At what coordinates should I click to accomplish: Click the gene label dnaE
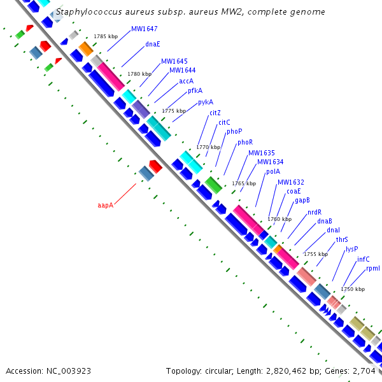(x=153, y=45)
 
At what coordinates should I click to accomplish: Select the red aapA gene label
(x=105, y=205)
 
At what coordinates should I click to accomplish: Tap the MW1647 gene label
(x=145, y=29)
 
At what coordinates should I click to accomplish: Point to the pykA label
(x=206, y=102)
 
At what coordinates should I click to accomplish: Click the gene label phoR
(x=245, y=143)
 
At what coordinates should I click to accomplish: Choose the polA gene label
(x=272, y=171)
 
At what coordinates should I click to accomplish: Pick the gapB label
(x=302, y=201)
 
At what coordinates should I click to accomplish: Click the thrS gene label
(x=342, y=240)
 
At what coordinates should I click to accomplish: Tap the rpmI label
(x=373, y=269)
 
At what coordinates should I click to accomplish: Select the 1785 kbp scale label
(x=106, y=37)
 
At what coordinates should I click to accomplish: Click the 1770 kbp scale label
(x=208, y=147)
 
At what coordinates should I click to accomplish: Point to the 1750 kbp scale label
(x=353, y=289)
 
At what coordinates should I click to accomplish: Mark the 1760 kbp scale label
(x=279, y=219)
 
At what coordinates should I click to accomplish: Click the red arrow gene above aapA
(x=156, y=166)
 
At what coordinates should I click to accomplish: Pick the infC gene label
(x=363, y=259)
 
